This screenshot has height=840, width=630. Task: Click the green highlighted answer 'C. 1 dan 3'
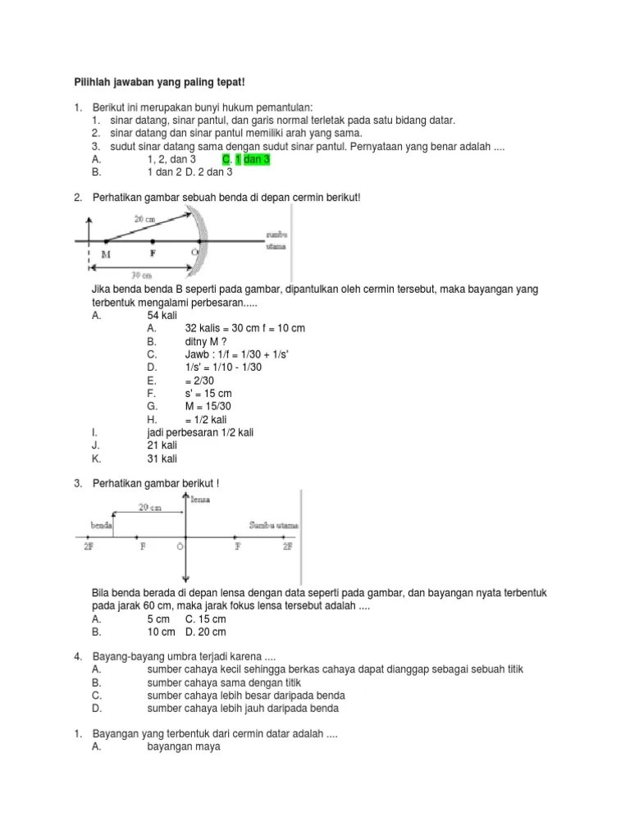click(x=245, y=159)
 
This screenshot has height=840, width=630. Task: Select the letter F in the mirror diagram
click(x=153, y=253)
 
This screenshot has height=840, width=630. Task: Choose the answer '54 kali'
click(x=162, y=314)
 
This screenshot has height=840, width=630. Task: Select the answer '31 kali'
click(x=162, y=459)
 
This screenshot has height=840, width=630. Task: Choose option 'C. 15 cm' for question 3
click(x=205, y=619)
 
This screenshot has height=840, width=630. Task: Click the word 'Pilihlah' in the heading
click(x=84, y=82)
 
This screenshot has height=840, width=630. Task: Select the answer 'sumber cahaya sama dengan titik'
click(x=226, y=682)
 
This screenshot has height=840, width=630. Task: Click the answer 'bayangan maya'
click(x=184, y=747)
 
